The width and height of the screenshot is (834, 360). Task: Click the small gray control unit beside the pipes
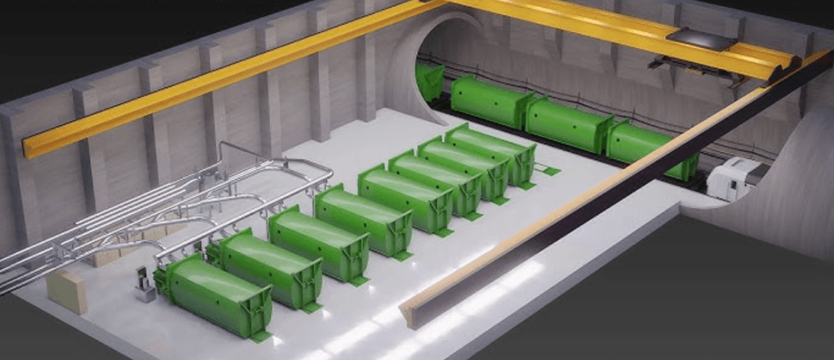click(144, 284)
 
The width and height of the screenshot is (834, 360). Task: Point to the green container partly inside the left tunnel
click(429, 81)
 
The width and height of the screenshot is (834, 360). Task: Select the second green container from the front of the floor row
click(270, 267)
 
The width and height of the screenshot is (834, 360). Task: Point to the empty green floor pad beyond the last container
click(551, 170)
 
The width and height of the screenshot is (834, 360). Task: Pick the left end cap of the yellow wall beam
click(29, 144)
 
